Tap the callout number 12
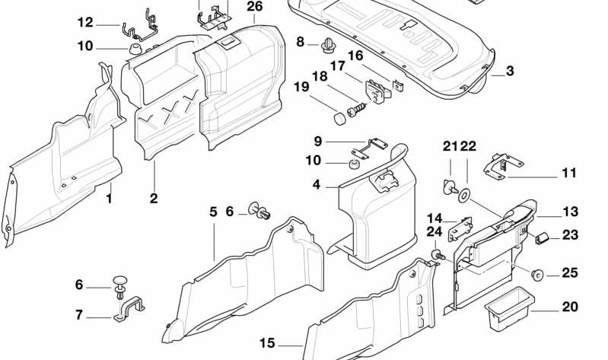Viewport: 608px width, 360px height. tap(85, 23)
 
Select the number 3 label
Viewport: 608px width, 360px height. tap(510, 72)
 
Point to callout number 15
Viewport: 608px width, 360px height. tap(316, 184)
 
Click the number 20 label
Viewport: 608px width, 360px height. tap(214, 211)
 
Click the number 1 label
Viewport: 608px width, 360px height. tap(109, 199)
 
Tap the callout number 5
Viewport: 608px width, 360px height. tap(214, 211)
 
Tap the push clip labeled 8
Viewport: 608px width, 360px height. tap(328, 45)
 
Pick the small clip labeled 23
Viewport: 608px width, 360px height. tap(543, 237)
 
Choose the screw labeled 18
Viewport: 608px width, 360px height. tap(355, 110)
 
